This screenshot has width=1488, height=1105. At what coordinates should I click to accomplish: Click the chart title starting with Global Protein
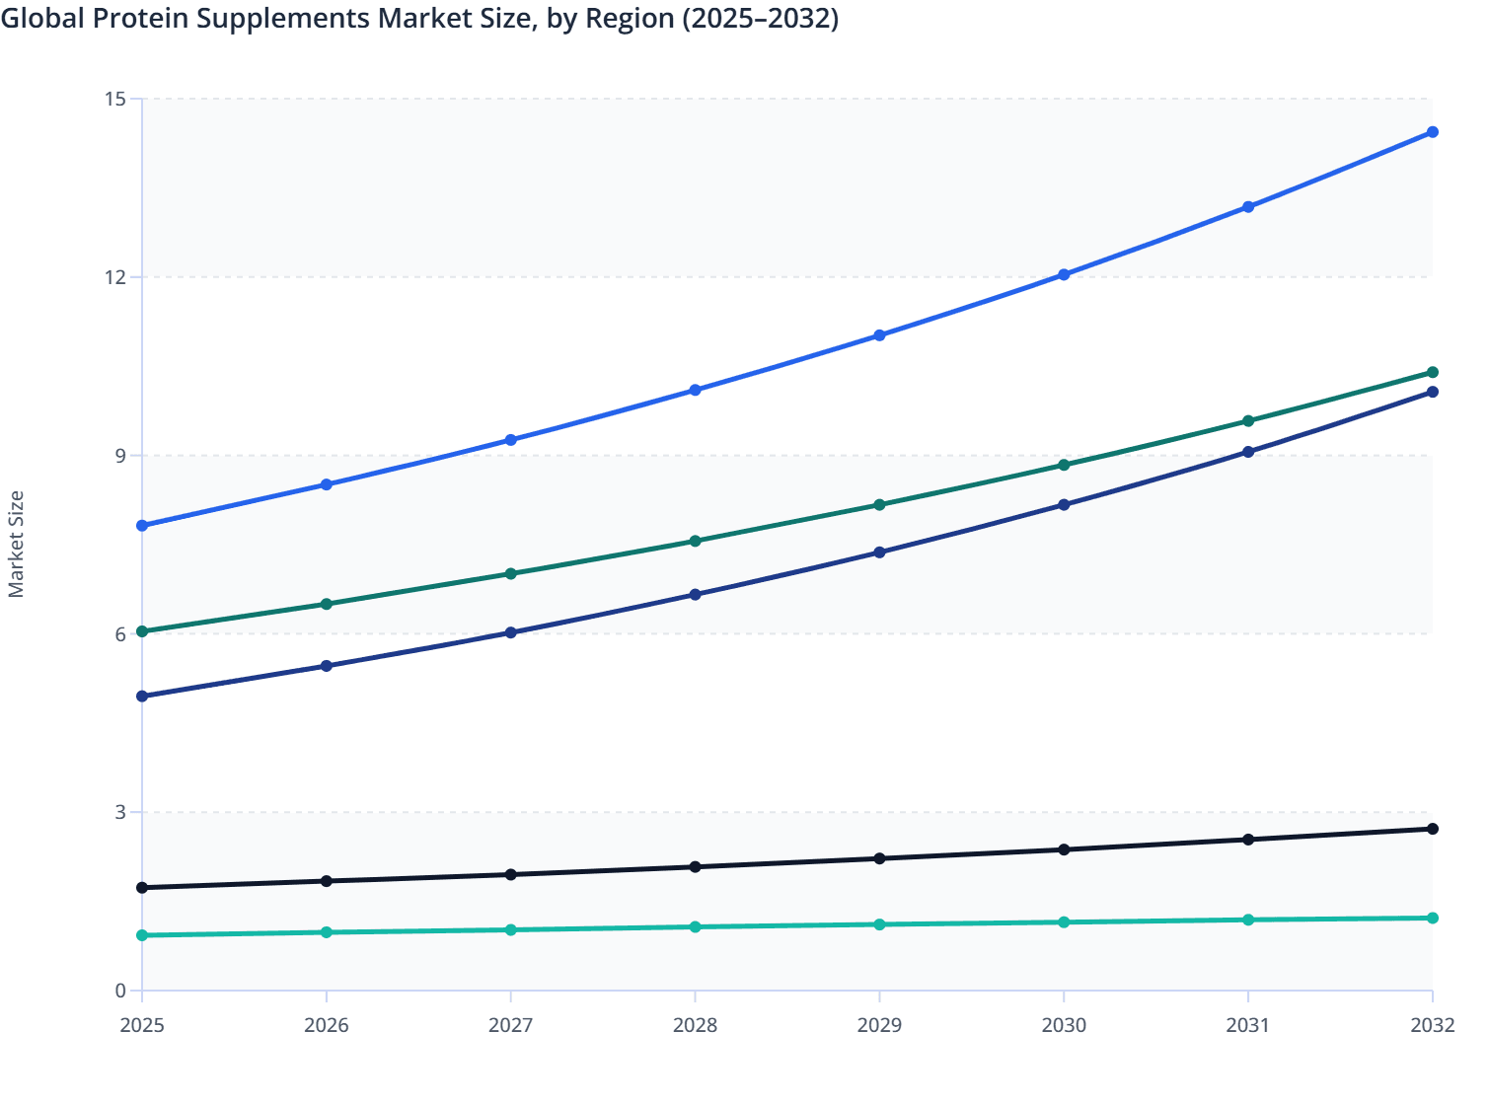419,18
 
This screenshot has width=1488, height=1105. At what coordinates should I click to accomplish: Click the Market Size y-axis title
16,544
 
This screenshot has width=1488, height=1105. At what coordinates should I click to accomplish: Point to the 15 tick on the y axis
115,99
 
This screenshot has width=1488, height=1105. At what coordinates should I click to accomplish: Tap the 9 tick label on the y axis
120,456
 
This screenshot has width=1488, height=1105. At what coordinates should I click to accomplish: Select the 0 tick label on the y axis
120,991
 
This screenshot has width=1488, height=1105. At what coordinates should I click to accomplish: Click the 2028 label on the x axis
695,1025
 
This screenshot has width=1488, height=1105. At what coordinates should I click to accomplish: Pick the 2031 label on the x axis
1248,1025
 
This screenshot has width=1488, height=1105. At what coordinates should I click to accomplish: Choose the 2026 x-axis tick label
327,1025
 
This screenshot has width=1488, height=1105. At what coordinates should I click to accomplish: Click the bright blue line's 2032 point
1433,132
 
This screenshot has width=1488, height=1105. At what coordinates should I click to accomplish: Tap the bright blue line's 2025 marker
142,526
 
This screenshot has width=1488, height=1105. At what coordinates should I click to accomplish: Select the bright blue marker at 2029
879,335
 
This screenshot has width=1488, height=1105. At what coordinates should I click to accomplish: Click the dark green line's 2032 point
1433,372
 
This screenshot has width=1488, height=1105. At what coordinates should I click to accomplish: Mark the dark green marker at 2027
511,573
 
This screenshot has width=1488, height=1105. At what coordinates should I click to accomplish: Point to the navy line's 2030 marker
1064,505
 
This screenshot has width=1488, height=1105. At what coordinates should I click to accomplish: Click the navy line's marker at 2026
327,666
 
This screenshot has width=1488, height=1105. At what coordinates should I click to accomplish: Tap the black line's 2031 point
1248,840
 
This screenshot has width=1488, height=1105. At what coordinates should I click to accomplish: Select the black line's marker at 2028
695,867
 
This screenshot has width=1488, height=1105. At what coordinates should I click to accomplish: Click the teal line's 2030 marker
1064,922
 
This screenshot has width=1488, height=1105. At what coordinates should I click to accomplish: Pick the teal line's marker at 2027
511,929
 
